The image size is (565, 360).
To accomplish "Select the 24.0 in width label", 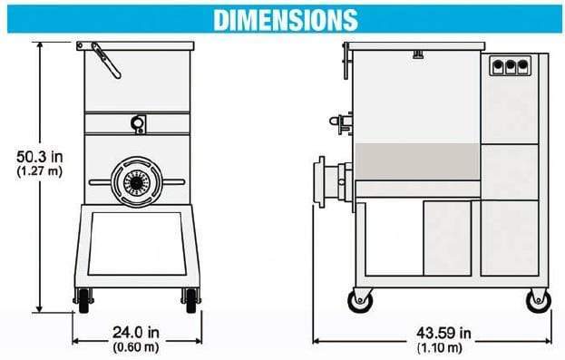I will tap(132, 331).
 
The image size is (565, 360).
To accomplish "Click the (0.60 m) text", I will tap(132, 345).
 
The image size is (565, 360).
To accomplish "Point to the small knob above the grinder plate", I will tap(138, 122).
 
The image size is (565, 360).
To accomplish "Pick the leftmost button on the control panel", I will tap(498, 65).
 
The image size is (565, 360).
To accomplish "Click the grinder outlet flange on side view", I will tap(321, 180).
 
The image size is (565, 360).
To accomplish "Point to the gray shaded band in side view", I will tap(415, 161).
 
